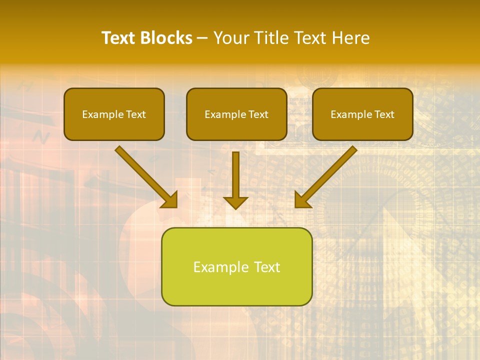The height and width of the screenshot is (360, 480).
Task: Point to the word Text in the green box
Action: pyautogui.click(x=266, y=267)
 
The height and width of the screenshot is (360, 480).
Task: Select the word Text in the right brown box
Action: pyautogui.click(x=384, y=114)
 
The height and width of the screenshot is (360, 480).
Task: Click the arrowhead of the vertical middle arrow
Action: pyautogui.click(x=235, y=202)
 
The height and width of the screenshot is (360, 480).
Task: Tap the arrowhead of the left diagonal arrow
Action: pyautogui.click(x=170, y=200)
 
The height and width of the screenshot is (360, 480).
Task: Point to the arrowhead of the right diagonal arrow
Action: pyautogui.click(x=302, y=200)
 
